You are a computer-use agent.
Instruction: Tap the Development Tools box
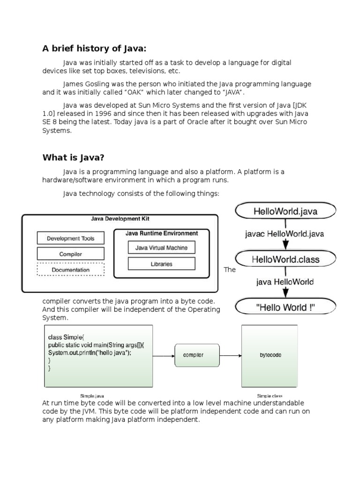coord(70,239)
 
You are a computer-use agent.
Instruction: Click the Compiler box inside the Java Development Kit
coord(70,254)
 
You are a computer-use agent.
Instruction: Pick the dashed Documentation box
coord(70,270)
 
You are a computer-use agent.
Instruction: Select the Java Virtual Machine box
coord(161,248)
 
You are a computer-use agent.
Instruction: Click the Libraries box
coord(161,264)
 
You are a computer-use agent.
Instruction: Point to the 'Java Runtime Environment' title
coord(162,233)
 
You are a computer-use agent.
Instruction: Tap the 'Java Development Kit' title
coord(120,219)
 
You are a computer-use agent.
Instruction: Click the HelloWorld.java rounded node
coord(285,211)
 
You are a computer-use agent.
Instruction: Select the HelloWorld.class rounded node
coord(285,259)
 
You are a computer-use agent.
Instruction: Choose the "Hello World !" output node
coord(285,307)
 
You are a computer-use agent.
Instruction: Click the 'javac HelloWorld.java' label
coord(285,233)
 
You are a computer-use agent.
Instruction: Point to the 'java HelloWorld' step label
coord(285,282)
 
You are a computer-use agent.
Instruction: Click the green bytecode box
coord(270,355)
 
